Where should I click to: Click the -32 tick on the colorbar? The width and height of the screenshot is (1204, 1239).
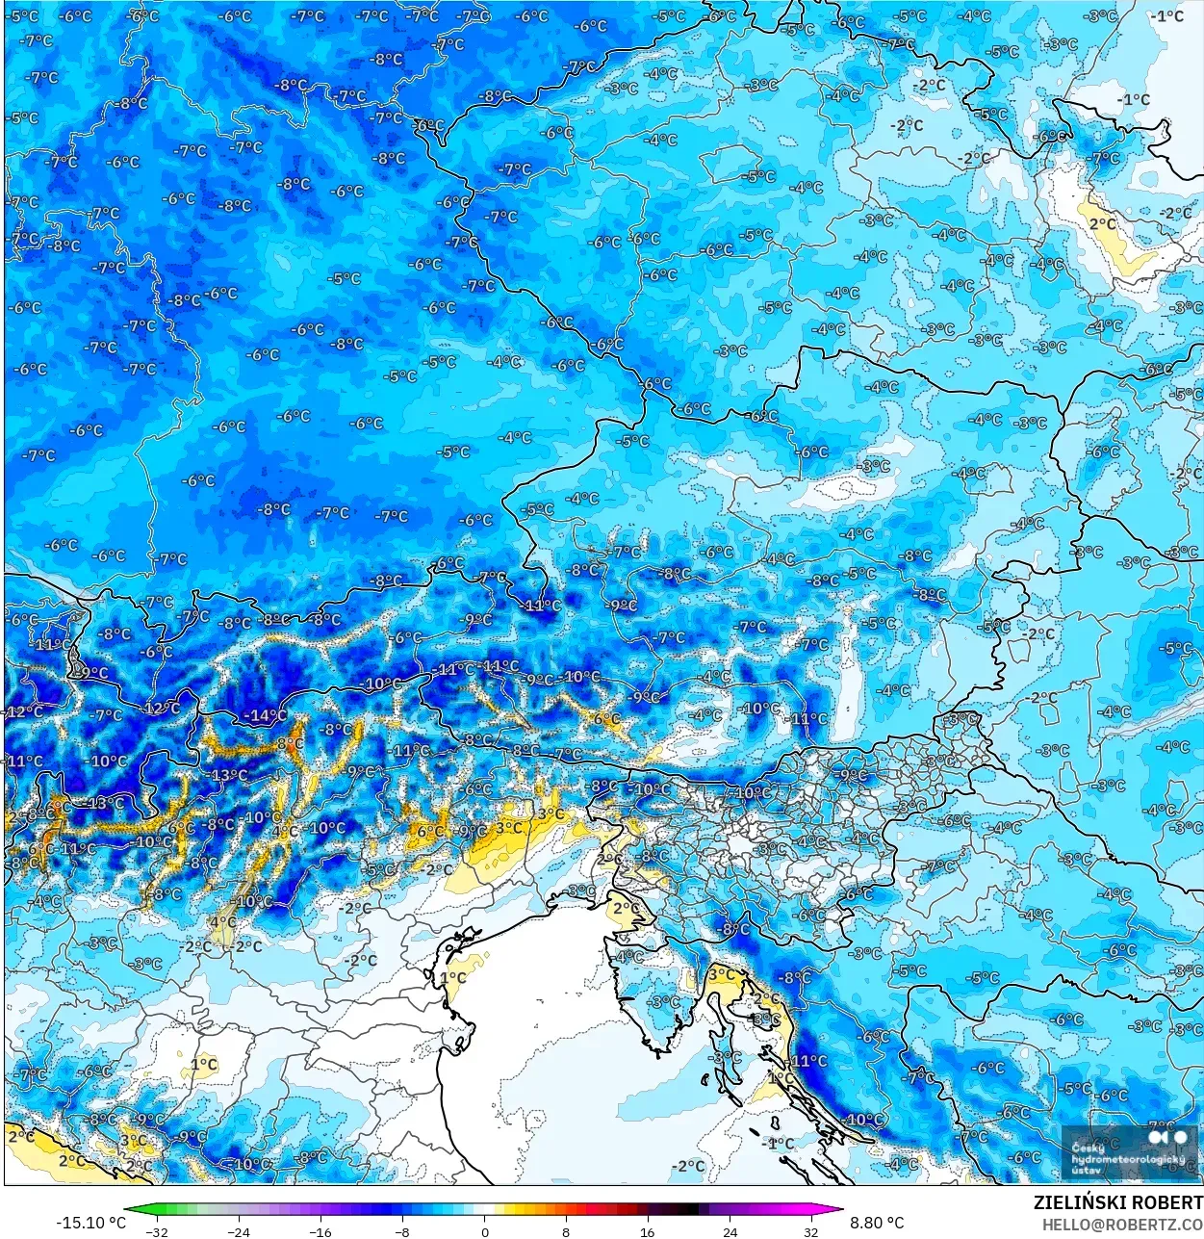pyautogui.click(x=155, y=1231)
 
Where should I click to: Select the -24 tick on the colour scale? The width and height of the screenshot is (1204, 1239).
pyautogui.click(x=238, y=1231)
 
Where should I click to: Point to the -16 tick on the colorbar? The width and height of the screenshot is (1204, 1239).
pyautogui.click(x=320, y=1231)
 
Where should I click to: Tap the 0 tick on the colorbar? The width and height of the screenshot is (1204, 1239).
pyautogui.click(x=484, y=1231)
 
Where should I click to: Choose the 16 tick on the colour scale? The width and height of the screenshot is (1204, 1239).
pyautogui.click(x=648, y=1231)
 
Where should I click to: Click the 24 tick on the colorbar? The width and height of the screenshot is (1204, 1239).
pyautogui.click(x=730, y=1231)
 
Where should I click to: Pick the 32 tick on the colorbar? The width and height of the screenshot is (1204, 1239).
pyautogui.click(x=811, y=1231)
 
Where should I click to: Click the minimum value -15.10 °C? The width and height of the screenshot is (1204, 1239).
pyautogui.click(x=90, y=1223)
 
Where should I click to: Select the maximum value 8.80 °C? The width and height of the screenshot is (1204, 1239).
pyautogui.click(x=877, y=1223)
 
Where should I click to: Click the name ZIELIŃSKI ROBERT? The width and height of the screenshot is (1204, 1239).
pyautogui.click(x=1117, y=1202)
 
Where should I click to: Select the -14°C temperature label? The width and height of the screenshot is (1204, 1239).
pyautogui.click(x=265, y=715)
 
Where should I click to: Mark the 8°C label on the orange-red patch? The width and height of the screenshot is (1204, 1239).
pyautogui.click(x=290, y=744)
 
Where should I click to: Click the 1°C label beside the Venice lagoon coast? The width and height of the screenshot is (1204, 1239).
pyautogui.click(x=452, y=978)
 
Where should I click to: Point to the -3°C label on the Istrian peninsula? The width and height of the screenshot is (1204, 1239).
pyautogui.click(x=664, y=1001)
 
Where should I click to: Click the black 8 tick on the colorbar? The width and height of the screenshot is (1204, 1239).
pyautogui.click(x=566, y=1231)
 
